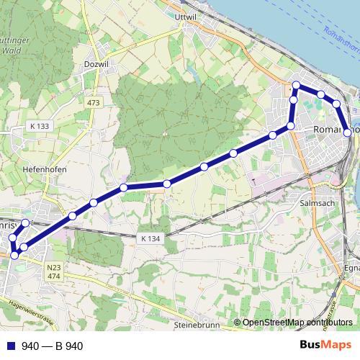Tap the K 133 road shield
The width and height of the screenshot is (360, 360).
[x=40, y=126]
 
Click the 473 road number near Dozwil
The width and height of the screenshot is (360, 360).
[x=94, y=104]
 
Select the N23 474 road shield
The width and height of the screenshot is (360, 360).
[x=54, y=271]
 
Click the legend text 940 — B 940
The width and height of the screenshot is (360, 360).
[x=52, y=346]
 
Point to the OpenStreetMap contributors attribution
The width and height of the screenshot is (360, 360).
[x=297, y=323]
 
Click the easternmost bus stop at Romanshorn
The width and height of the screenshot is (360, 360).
[x=348, y=132]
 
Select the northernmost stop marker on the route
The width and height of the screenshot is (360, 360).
[x=296, y=86]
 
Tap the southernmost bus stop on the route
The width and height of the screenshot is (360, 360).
[x=14, y=255]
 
